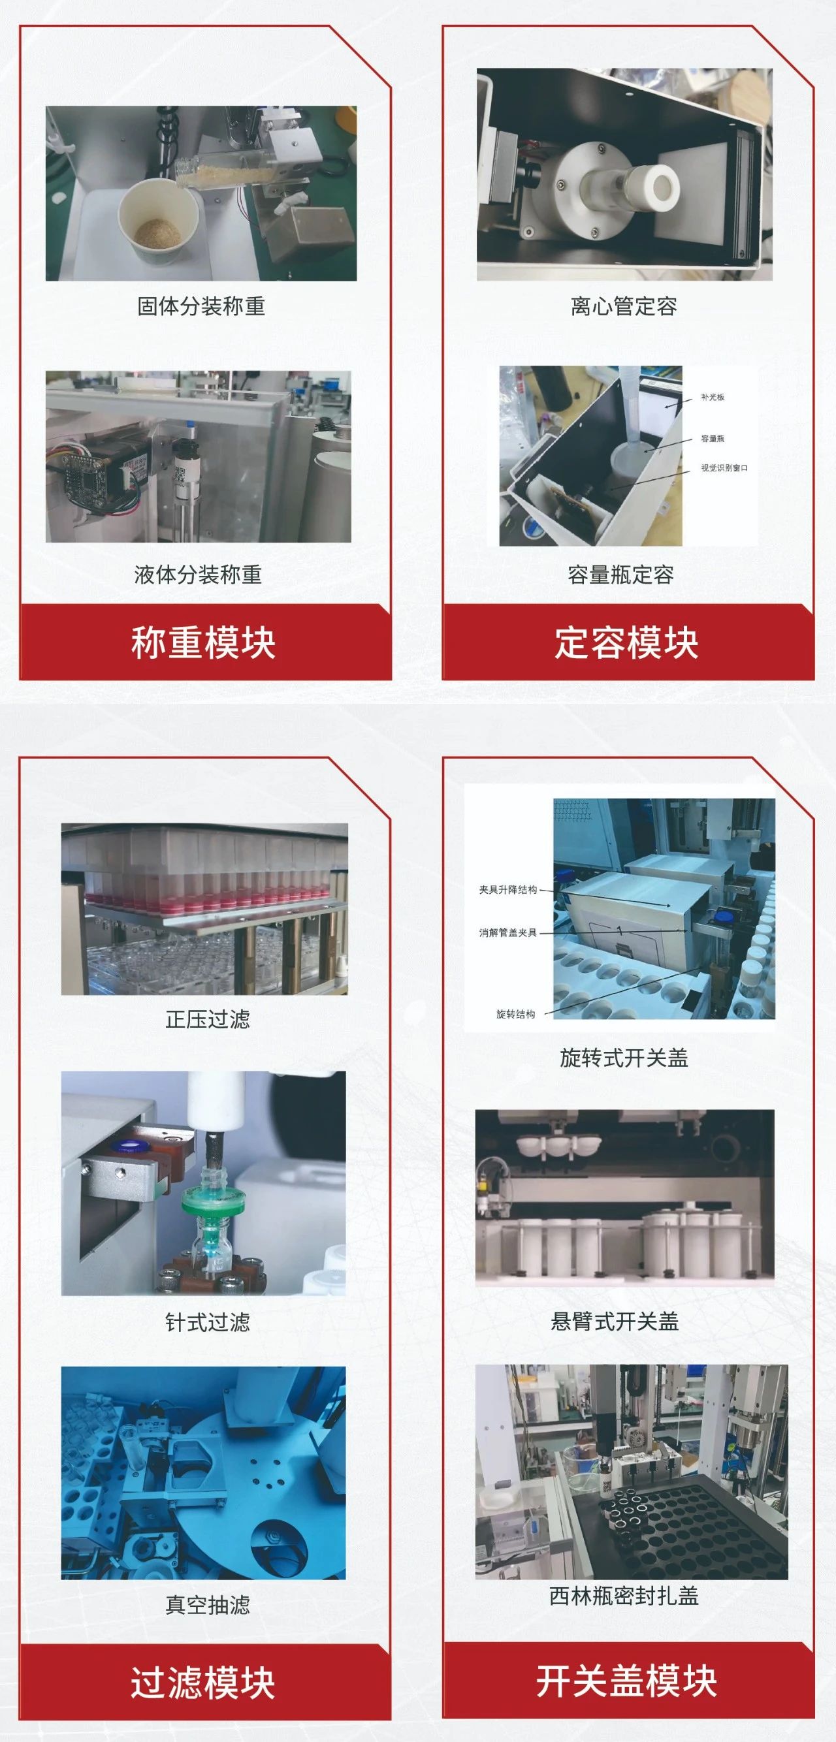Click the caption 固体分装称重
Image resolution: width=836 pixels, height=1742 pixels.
click(201, 306)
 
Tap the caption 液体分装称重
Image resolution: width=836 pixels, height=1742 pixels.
click(198, 575)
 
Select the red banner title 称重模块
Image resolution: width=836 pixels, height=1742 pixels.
click(204, 642)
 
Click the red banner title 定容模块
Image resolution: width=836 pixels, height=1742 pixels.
click(626, 642)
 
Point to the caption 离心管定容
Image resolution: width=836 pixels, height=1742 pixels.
click(624, 306)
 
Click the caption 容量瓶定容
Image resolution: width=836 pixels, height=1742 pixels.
click(621, 575)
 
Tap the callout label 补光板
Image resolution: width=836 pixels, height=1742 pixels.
click(713, 397)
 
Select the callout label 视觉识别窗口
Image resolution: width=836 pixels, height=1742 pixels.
click(724, 468)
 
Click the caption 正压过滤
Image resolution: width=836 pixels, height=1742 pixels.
click(208, 1019)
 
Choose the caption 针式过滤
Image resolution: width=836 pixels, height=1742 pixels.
click(208, 1322)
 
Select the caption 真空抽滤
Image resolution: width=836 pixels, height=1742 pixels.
click(208, 1604)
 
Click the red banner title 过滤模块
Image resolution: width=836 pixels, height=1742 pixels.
click(204, 1683)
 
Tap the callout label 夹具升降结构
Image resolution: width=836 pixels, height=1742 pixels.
click(508, 890)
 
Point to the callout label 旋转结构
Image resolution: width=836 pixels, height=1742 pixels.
click(515, 1014)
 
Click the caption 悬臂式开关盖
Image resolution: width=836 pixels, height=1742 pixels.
click(615, 1321)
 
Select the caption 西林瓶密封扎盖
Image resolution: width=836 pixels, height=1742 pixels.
click(624, 1595)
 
